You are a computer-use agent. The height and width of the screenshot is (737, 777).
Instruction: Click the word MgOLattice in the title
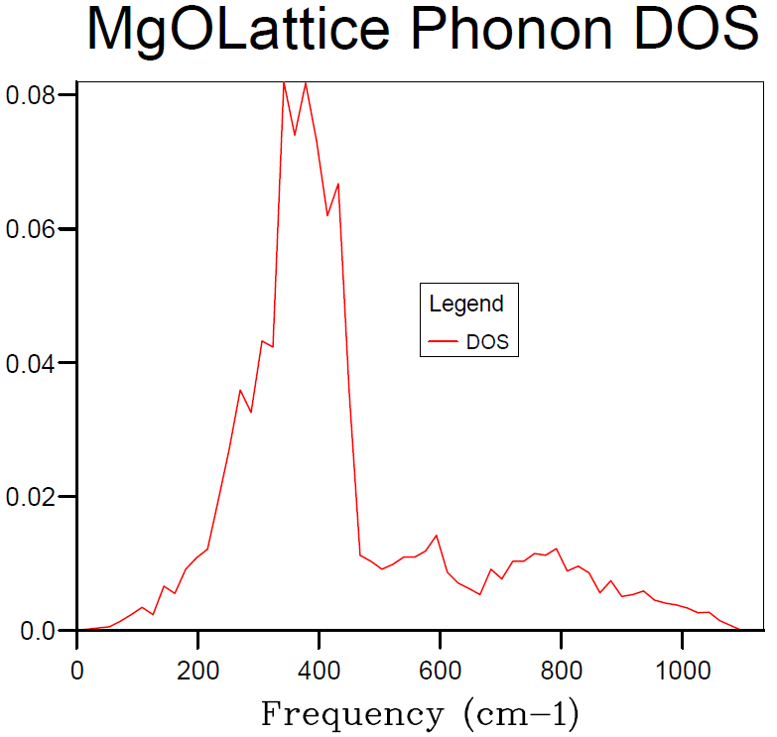(x=239, y=31)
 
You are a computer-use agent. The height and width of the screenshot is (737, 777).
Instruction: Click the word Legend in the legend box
(x=466, y=304)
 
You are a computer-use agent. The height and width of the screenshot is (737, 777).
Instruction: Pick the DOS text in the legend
(x=487, y=342)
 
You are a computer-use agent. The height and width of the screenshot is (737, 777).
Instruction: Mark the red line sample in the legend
(x=443, y=342)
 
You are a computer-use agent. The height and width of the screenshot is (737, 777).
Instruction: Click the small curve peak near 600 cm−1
(x=437, y=536)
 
